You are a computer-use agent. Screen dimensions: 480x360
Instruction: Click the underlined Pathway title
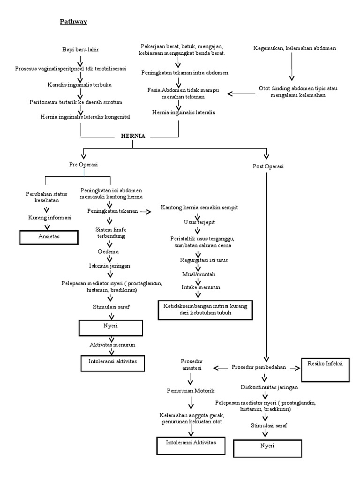74,22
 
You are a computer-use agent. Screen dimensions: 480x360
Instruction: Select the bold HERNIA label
133,135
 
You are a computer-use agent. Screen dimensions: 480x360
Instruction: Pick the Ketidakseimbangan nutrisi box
205,309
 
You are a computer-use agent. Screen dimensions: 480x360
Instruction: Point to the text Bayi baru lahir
81,49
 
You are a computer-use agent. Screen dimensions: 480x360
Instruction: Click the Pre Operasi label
83,165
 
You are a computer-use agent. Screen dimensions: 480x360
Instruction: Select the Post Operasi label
268,166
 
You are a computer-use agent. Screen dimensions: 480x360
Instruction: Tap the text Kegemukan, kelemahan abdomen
294,48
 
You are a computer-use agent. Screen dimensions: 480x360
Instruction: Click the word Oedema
108,251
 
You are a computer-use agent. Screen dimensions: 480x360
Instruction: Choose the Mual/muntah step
199,274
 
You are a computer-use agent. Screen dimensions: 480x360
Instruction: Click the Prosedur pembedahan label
259,367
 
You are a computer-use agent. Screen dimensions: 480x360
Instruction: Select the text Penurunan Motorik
190,390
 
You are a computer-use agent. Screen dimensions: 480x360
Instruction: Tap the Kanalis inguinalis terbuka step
80,85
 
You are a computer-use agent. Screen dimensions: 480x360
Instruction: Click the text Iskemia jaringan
110,265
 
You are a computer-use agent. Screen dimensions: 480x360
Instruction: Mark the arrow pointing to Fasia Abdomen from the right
241,93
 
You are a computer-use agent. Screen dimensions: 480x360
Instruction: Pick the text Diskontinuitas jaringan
269,387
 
